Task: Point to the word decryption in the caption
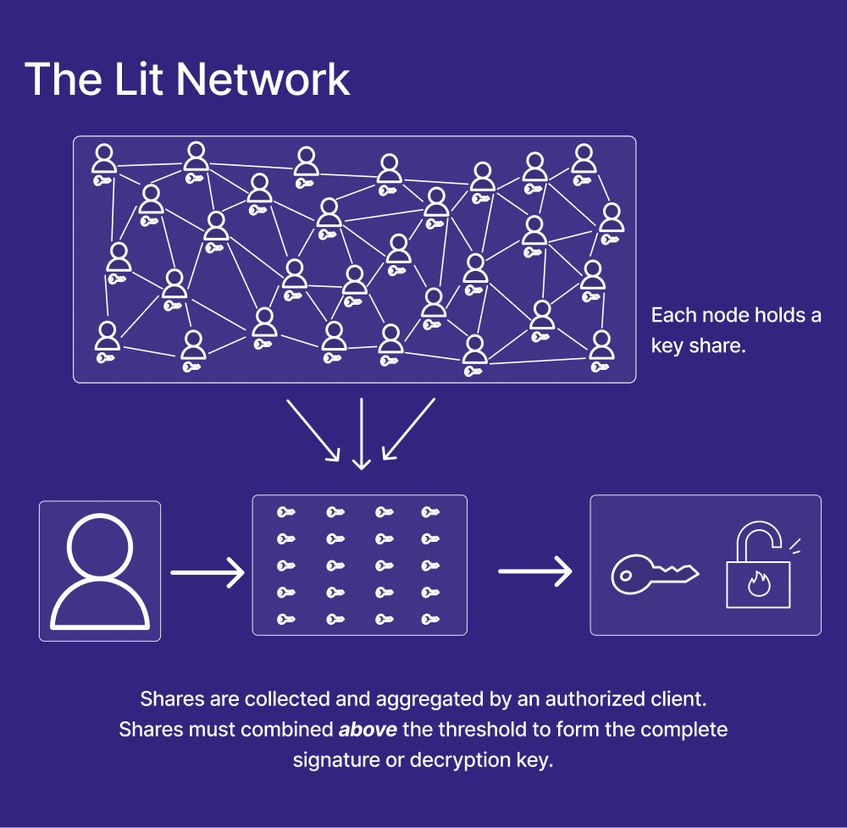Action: [x=457, y=759]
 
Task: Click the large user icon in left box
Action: [x=100, y=571]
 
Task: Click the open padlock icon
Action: [x=758, y=567]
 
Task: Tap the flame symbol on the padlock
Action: [x=757, y=583]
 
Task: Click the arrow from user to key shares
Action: [x=208, y=572]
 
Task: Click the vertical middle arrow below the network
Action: [x=362, y=433]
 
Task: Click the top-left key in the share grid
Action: [x=286, y=512]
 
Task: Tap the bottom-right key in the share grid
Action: [x=430, y=620]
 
